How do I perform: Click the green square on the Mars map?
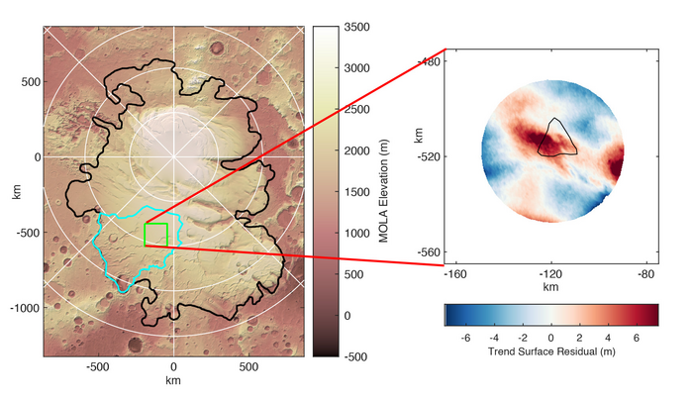point(155,235)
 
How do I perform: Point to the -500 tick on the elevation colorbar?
point(360,355)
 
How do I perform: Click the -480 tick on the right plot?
point(428,61)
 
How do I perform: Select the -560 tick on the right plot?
point(428,252)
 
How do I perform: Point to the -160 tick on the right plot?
point(455,272)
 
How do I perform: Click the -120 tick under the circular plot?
point(550,272)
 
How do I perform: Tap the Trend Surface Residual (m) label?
point(550,351)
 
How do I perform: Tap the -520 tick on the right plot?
point(428,156)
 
